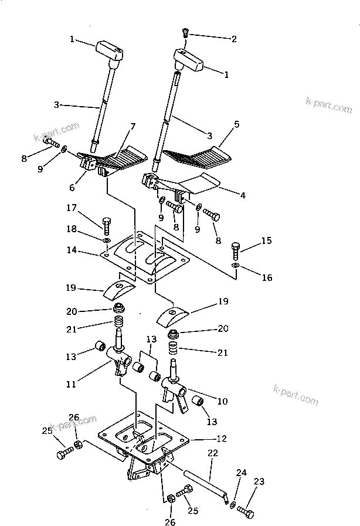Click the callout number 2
[x=234, y=39]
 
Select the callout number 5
[x=237, y=125]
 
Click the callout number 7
[x=133, y=127]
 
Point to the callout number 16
[x=267, y=277]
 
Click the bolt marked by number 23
[x=247, y=514]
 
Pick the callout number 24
[x=240, y=473]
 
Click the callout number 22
[x=212, y=453]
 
